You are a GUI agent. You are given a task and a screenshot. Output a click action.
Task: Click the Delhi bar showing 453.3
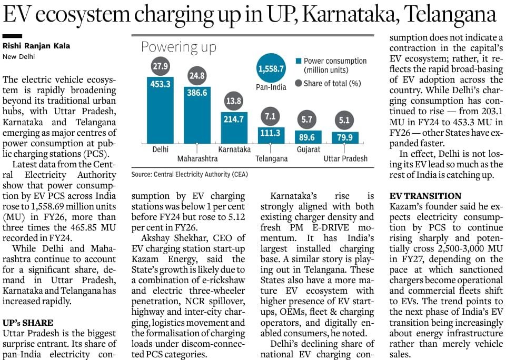160,110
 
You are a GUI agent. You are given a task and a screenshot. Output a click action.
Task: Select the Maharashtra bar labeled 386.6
197,115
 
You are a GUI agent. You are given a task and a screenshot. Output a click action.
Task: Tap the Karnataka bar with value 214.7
234,128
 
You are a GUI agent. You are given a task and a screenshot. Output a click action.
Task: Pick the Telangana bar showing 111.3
271,135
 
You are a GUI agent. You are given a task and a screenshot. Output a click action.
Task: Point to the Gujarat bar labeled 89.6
308,137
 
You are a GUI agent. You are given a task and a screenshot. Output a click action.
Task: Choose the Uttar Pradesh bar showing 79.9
345,138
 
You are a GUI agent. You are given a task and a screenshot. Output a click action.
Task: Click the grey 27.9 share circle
161,66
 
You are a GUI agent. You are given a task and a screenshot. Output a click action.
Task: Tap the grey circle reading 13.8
234,101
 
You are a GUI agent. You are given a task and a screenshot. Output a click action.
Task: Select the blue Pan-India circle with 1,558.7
271,68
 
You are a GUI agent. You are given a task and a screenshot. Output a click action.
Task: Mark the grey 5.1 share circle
344,121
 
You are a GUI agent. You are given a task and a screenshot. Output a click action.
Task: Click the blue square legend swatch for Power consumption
299,61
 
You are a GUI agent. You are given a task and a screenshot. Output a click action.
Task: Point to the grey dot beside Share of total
299,83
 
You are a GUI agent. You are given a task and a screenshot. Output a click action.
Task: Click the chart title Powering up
179,47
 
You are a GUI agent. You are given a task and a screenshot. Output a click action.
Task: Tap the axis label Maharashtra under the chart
197,159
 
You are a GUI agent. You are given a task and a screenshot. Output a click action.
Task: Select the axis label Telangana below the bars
271,159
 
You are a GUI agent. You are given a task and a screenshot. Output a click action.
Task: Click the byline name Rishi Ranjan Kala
36,46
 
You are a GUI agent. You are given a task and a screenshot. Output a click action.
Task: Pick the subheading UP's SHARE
28,323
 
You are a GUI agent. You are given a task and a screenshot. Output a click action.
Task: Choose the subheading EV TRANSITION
425,196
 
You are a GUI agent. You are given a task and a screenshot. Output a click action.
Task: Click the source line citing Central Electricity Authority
190,175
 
